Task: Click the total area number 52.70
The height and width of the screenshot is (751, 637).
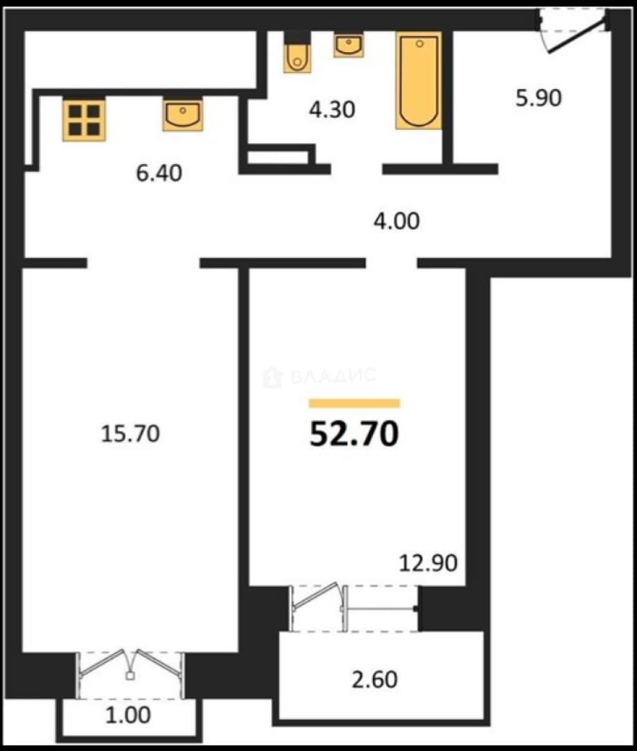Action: click(x=354, y=433)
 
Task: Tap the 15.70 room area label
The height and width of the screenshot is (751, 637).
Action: click(x=130, y=434)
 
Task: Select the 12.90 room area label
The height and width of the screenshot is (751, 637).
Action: click(x=428, y=563)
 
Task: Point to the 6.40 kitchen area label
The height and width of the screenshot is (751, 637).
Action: click(x=159, y=173)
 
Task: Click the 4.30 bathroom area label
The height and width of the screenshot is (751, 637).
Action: click(x=332, y=109)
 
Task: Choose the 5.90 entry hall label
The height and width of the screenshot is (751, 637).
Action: click(x=538, y=98)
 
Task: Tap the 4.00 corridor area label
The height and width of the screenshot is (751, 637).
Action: click(x=397, y=221)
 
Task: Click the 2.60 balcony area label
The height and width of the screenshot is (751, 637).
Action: click(x=375, y=679)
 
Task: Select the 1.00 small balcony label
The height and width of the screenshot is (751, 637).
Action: click(x=128, y=715)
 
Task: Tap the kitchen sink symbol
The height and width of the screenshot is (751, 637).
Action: click(x=183, y=115)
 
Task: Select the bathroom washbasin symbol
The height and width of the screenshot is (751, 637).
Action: click(x=349, y=45)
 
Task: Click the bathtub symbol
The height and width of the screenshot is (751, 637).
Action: click(x=419, y=81)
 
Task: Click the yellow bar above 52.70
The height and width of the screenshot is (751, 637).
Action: click(x=354, y=403)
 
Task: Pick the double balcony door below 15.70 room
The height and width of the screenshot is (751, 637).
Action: click(x=130, y=675)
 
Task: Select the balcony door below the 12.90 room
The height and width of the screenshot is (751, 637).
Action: click(x=354, y=608)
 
